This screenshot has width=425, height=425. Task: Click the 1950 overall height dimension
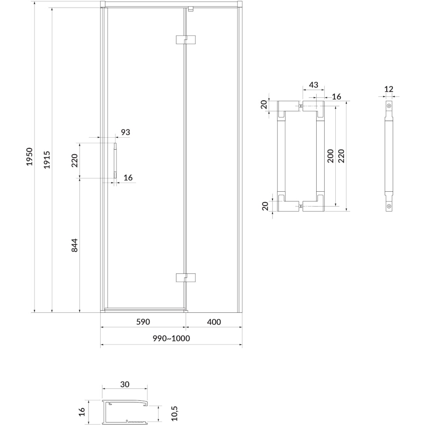[29, 156]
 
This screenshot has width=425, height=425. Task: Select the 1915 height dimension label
[47, 160]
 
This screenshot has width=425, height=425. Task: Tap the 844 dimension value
[74, 245]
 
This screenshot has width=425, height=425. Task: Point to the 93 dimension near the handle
[125, 132]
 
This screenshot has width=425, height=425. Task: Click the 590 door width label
[143, 322]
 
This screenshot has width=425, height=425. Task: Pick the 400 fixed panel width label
[214, 322]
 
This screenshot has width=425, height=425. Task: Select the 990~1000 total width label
[171, 338]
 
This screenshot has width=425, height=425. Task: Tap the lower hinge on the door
[186, 278]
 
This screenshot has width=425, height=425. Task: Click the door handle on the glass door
[115, 161]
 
